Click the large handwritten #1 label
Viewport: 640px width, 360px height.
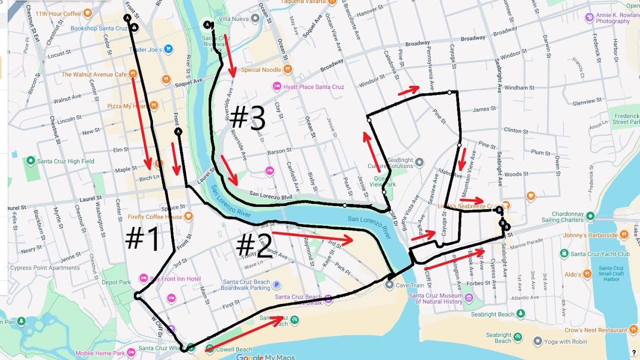[143, 238]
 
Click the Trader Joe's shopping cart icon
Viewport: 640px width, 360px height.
[169, 49]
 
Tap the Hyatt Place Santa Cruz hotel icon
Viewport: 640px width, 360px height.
[276, 86]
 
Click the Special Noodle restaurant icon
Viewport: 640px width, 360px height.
[287, 69]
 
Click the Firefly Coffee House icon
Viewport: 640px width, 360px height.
[188, 216]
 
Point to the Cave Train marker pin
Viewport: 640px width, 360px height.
[389, 285]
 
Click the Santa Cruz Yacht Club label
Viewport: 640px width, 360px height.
[599, 253]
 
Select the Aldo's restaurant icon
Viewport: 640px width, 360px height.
[587, 274]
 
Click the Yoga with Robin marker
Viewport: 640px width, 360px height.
[537, 341]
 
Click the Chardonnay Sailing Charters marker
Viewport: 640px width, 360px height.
[590, 216]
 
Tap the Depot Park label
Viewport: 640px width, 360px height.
[116, 282]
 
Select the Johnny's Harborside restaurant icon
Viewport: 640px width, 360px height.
[624, 234]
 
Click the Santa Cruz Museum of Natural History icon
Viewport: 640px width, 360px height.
[469, 298]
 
